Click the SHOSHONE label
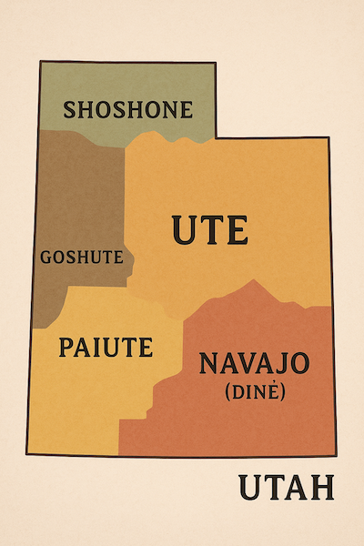[127, 110]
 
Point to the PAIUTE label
[106, 346]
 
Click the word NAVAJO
[254, 364]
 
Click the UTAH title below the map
[287, 488]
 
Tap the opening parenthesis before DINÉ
[224, 392]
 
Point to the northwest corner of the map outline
[40, 61]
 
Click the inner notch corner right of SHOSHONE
[217, 137]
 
